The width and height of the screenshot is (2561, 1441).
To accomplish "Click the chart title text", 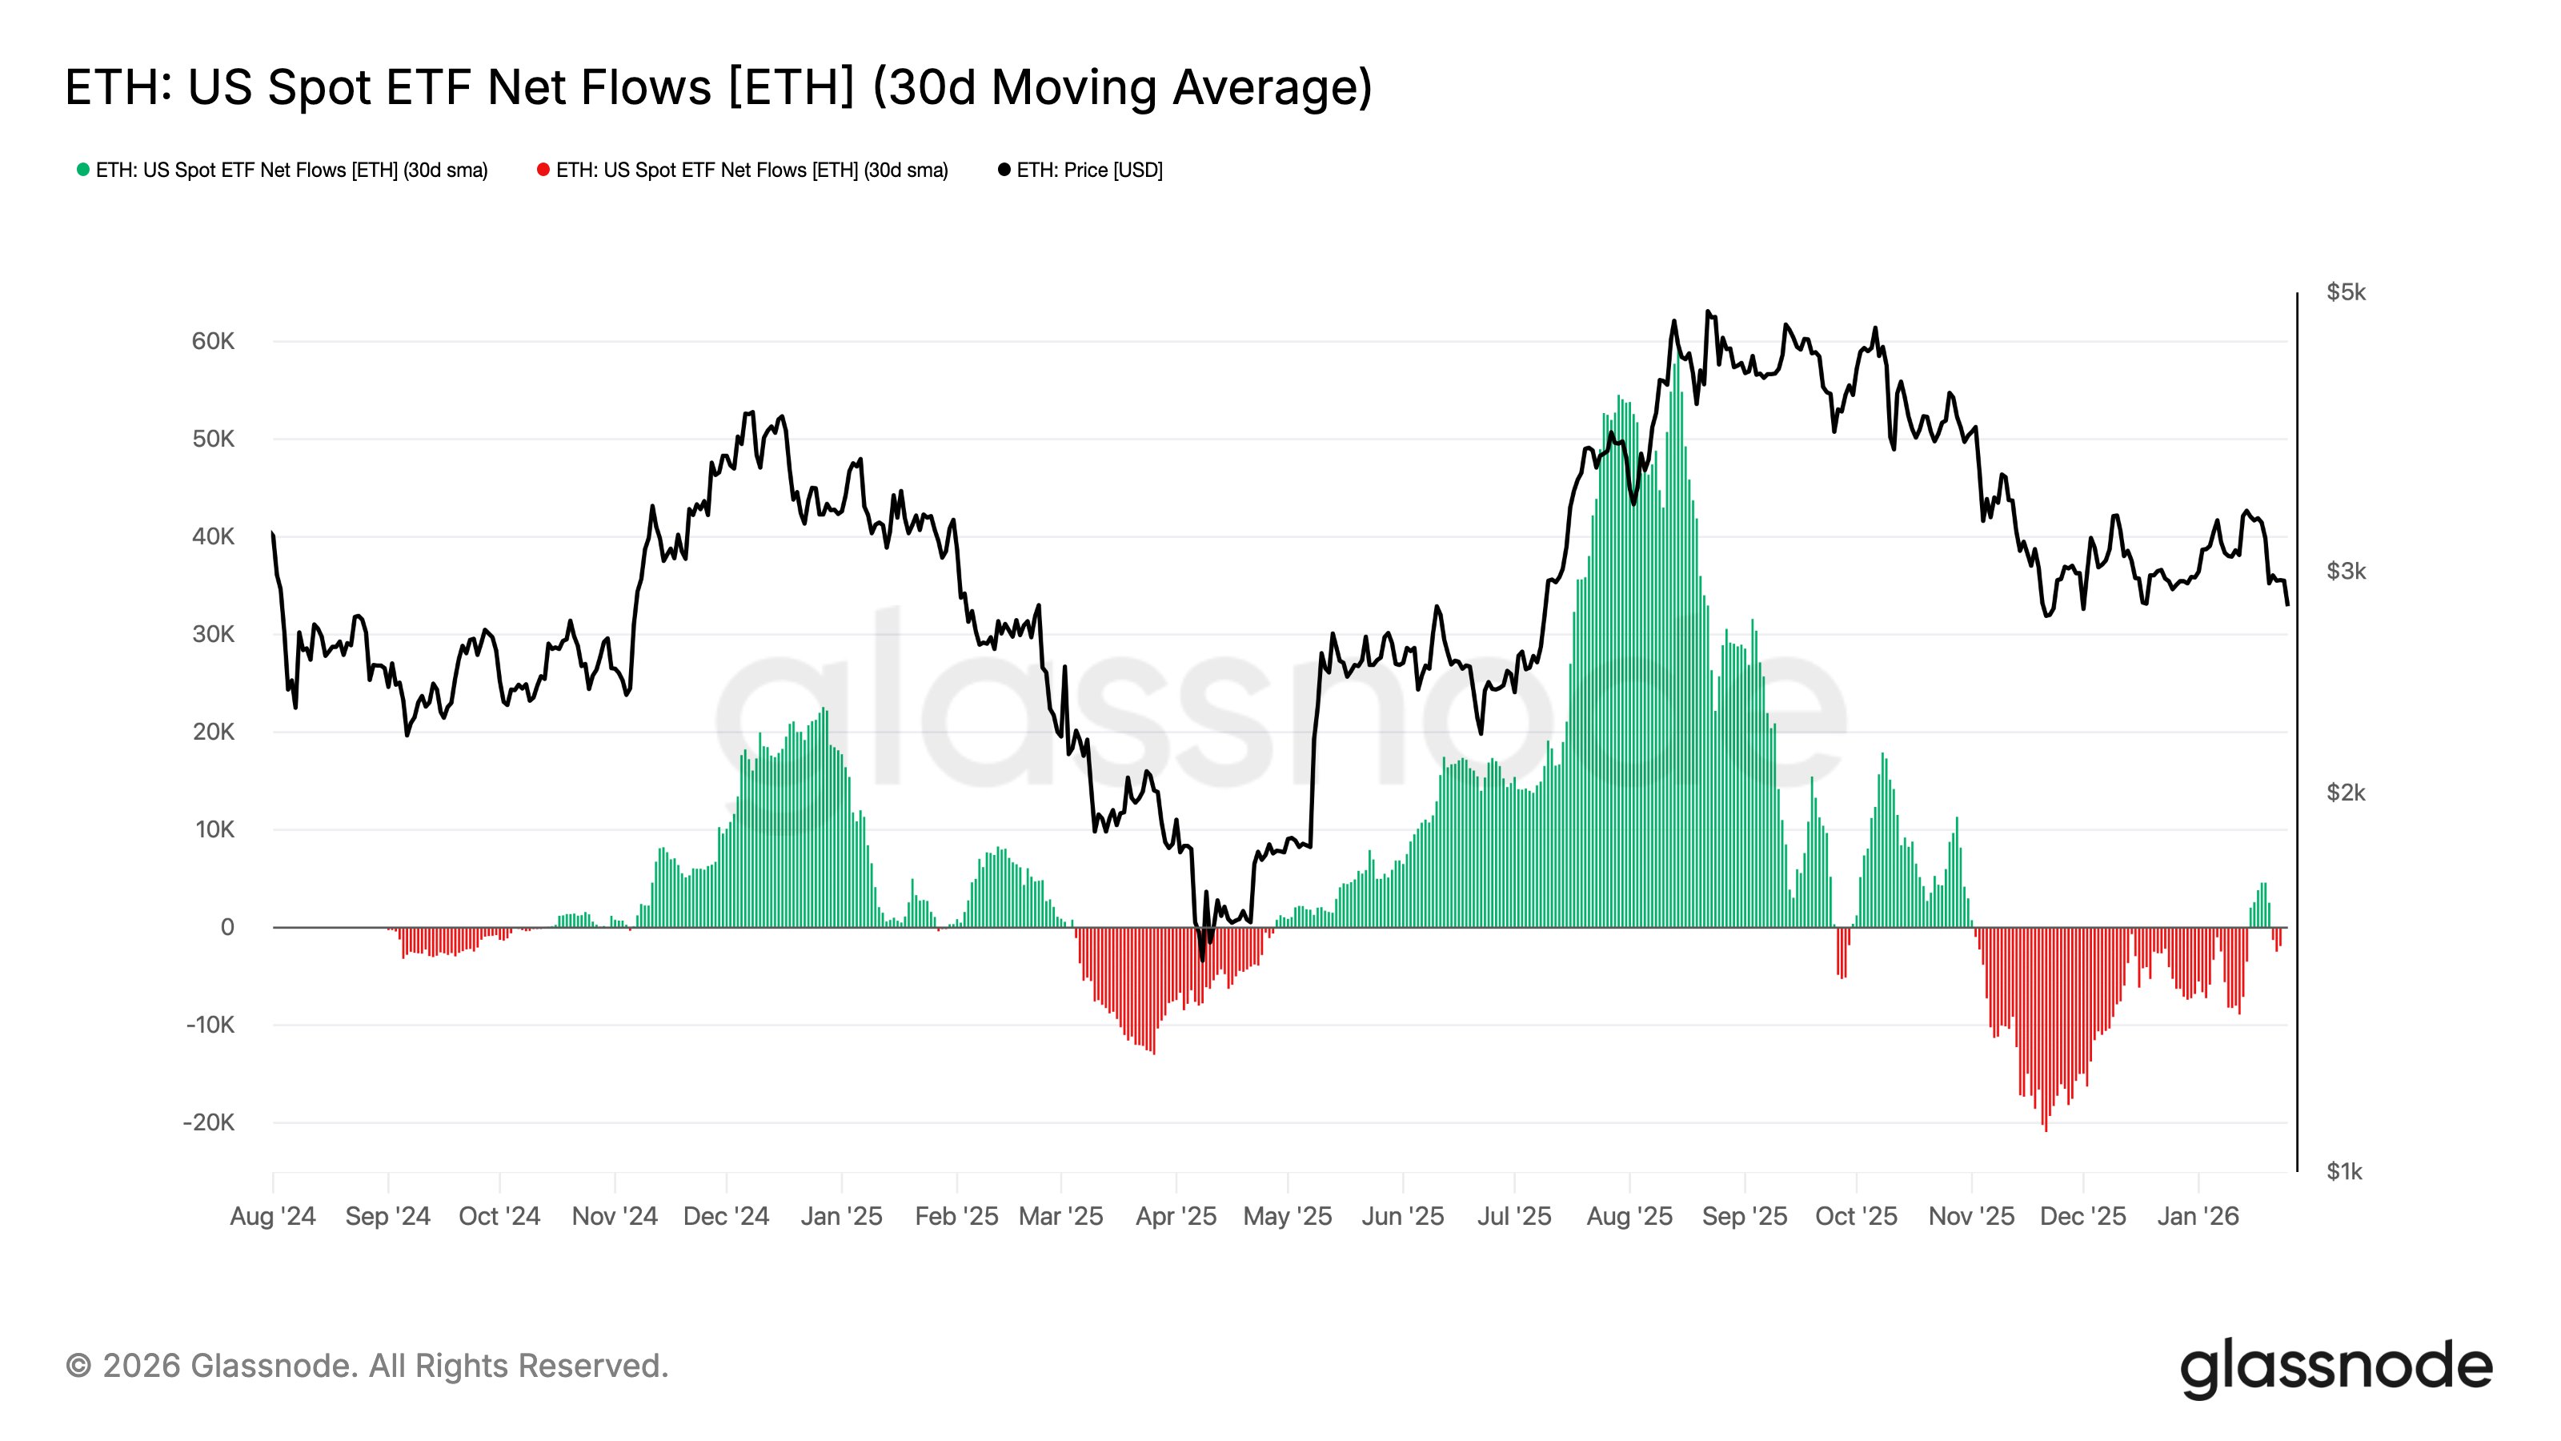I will (718, 87).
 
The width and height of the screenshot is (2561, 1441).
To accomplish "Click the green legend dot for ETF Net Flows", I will (83, 170).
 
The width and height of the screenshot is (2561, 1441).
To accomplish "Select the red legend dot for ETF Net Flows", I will (543, 170).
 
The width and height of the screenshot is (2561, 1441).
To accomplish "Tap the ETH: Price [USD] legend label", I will (1088, 170).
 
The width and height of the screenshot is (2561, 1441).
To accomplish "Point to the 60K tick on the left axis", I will (213, 341).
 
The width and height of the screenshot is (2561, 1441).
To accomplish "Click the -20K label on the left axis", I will (209, 1122).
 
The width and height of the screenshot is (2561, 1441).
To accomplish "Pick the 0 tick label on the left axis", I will (227, 927).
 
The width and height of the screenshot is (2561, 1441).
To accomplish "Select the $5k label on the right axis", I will (2345, 292).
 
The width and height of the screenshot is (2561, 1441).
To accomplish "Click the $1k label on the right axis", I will (2343, 1171).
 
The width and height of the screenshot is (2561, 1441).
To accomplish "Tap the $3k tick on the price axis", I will (2345, 571).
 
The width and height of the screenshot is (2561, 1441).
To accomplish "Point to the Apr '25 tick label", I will (1176, 1216).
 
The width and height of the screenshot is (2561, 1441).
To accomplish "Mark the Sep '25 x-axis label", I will (1744, 1216).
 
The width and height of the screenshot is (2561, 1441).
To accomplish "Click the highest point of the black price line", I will (1708, 312).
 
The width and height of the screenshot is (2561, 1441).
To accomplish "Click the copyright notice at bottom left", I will (367, 1367).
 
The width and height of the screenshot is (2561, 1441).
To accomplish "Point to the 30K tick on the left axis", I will (213, 635).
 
